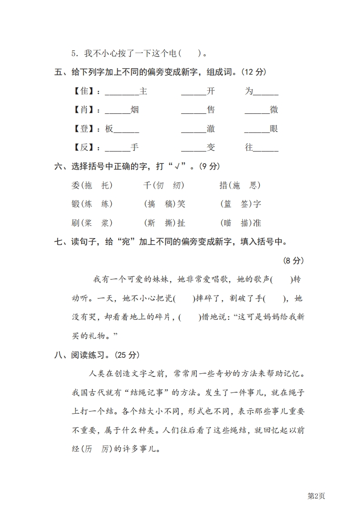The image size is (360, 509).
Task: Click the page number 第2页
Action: [317, 496]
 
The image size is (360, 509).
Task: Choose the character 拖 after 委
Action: [89, 185]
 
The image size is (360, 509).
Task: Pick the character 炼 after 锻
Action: [89, 204]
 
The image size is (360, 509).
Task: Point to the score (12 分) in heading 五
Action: [253, 72]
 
